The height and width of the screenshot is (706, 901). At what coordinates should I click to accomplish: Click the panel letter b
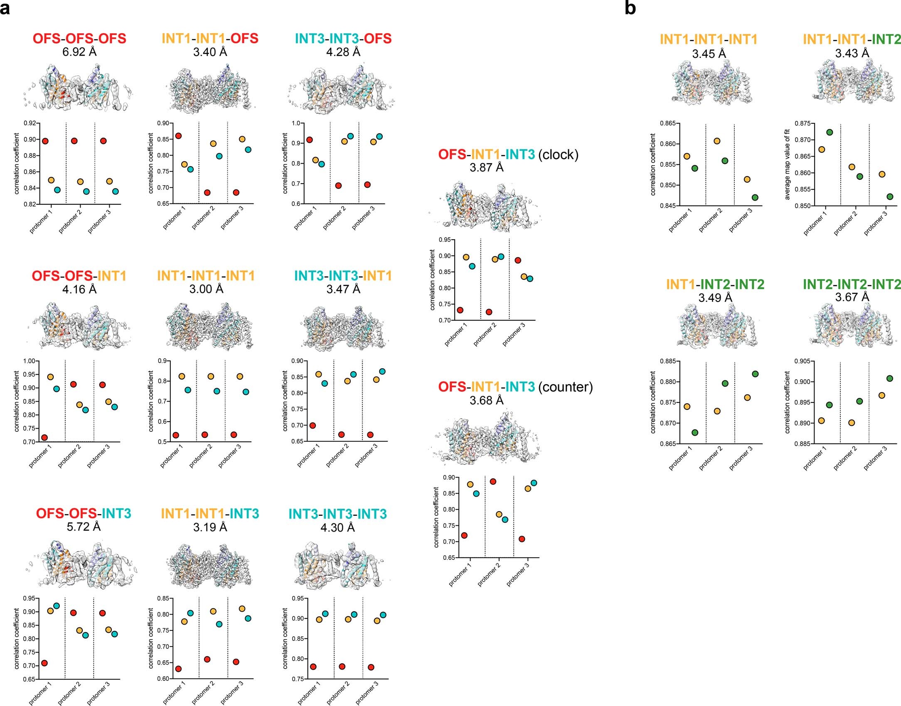(630, 8)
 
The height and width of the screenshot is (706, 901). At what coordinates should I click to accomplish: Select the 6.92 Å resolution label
(79, 52)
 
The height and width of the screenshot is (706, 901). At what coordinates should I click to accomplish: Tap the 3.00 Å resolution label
(206, 289)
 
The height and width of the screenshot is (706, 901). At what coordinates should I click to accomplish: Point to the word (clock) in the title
(558, 154)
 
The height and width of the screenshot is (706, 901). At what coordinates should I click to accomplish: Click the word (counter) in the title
(565, 387)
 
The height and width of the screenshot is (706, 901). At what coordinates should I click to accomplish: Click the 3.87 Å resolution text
(486, 167)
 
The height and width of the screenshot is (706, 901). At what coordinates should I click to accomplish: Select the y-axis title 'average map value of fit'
(787, 164)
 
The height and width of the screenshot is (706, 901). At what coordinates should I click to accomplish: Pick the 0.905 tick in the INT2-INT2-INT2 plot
(802, 361)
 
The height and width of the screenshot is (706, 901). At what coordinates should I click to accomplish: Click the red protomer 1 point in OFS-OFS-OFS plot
(45, 141)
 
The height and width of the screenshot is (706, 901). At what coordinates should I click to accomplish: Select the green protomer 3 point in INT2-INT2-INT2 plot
(890, 378)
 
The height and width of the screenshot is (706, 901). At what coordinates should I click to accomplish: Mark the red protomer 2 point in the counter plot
(493, 482)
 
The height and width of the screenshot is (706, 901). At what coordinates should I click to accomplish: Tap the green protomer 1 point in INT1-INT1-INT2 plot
(830, 132)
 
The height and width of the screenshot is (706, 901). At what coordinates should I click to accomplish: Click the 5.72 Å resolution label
(84, 527)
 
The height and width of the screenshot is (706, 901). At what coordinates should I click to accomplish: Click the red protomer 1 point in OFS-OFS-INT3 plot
(44, 663)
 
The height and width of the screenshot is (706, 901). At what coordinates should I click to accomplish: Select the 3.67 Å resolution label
(852, 297)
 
